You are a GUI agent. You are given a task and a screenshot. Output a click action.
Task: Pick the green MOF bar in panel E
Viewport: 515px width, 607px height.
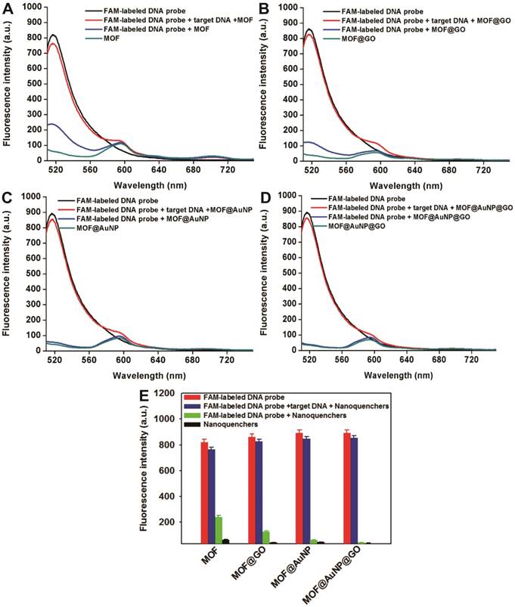click(x=219, y=530)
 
